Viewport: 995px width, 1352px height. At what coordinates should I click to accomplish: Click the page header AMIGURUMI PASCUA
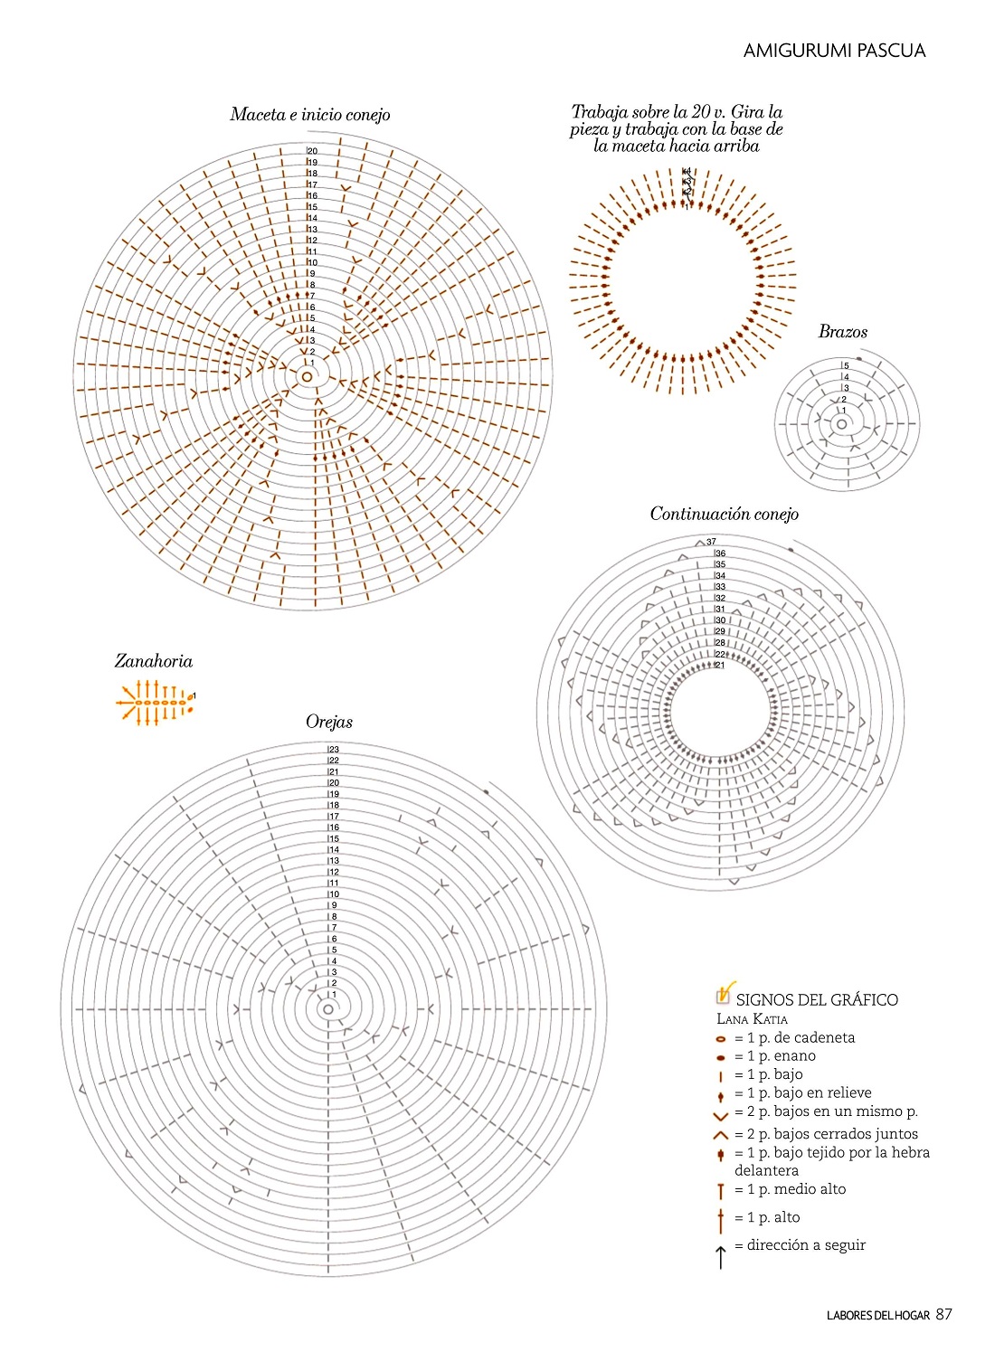coord(834,51)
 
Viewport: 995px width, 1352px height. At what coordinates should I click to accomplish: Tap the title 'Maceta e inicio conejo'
coord(309,115)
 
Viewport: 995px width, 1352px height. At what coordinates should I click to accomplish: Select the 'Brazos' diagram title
coord(842,332)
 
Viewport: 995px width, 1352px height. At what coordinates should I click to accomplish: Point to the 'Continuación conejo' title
coord(724,515)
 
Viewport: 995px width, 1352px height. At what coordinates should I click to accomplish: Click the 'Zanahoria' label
coord(153,661)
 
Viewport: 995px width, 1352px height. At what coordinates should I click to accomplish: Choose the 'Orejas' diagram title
coord(328,722)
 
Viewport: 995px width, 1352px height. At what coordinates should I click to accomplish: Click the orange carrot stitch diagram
coord(155,702)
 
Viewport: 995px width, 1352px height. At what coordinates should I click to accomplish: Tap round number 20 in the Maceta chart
coord(313,151)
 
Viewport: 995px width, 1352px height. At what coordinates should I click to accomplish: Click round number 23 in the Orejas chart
coord(334,750)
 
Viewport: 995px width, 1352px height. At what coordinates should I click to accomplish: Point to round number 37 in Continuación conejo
coord(711,542)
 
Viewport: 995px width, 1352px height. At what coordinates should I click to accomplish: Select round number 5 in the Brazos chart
coord(846,365)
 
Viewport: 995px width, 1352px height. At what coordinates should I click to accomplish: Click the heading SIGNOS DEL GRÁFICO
coord(817,1000)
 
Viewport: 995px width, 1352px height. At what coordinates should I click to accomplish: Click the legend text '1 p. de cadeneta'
coord(801,1038)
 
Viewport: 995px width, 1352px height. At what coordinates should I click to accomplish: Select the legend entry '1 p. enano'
coord(781,1056)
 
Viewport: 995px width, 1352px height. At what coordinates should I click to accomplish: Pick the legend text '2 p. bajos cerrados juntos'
coord(832,1134)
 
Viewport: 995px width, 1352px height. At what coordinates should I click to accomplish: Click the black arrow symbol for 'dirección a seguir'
coord(721,1256)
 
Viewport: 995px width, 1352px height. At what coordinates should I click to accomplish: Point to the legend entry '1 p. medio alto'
coord(796,1189)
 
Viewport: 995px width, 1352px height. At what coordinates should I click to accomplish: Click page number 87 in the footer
coord(943,1314)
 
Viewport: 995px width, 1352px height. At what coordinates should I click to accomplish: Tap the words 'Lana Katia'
coord(752,1019)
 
